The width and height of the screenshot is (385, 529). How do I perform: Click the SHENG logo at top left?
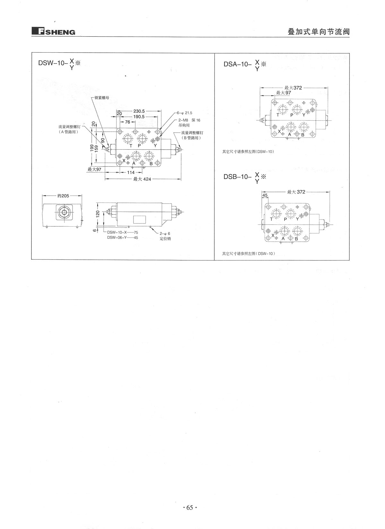[x=54, y=32]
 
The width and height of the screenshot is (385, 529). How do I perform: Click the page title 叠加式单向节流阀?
[x=319, y=32]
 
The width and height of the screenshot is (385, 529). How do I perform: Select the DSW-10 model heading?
[x=59, y=64]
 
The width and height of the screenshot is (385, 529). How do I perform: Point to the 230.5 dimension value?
[x=139, y=111]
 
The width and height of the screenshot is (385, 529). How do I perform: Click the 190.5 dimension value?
[x=139, y=117]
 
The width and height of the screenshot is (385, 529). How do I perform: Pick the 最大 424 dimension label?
[x=142, y=179]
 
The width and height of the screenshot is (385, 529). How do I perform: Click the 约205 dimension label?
[x=63, y=195]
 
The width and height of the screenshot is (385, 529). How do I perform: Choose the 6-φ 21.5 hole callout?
[x=184, y=113]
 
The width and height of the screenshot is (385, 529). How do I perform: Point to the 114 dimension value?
[x=131, y=173]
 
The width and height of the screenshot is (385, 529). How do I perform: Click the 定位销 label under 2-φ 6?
[x=165, y=238]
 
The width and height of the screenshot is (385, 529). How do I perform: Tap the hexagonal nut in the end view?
[x=64, y=212]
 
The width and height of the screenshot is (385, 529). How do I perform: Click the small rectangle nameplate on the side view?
[x=140, y=219]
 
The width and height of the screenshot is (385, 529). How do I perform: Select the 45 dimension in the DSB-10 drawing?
[x=265, y=195]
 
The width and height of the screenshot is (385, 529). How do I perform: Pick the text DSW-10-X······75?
[x=123, y=232]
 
